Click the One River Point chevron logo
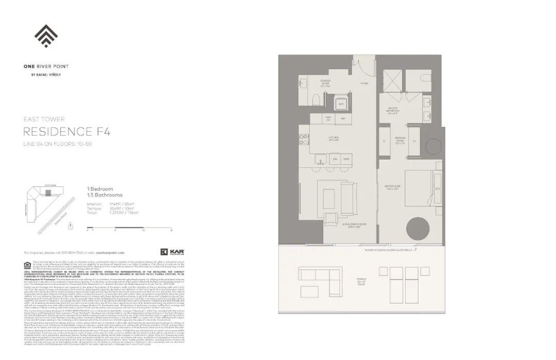tap(46, 36)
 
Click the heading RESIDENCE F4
tap(66, 131)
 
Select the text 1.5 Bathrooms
tap(105, 195)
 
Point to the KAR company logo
tap(173, 252)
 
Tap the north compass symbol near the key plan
tap(70, 226)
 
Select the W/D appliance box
tap(340, 104)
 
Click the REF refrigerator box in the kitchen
tap(342, 118)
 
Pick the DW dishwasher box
tap(334, 159)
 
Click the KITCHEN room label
tap(334, 138)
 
